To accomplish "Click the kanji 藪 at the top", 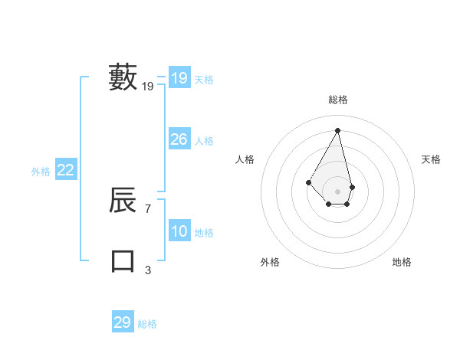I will [x=123, y=77].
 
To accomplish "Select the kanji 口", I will [x=123, y=260].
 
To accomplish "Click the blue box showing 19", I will [x=179, y=78].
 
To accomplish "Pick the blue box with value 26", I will [x=179, y=139].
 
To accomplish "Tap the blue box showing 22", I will [x=65, y=170].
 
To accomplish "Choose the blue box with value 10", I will [x=179, y=231].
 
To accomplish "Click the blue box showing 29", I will [x=122, y=322].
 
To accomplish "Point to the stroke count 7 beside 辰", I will [x=148, y=208].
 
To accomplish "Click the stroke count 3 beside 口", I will [x=148, y=270].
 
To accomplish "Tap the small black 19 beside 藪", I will [x=148, y=87].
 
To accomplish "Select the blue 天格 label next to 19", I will [x=204, y=79].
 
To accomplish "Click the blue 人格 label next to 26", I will [x=204, y=141].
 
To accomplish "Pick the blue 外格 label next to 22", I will [x=41, y=172].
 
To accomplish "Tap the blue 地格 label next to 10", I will [x=204, y=233].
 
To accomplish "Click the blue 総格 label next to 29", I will [x=147, y=324].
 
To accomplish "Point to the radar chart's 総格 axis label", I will [x=337, y=100].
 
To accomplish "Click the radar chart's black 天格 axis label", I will [x=431, y=159].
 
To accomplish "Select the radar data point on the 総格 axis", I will [x=337, y=129].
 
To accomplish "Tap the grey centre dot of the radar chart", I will [x=337, y=191].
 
